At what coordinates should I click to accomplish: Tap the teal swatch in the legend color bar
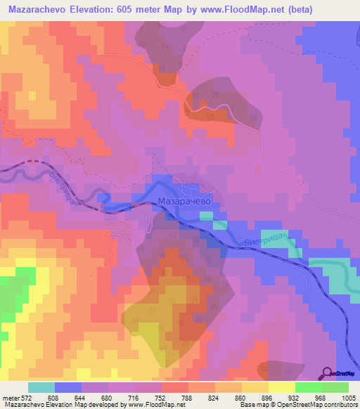coord(41,387)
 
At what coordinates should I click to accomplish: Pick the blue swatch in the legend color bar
coord(68,387)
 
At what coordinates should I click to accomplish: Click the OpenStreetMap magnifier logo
coord(327,373)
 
